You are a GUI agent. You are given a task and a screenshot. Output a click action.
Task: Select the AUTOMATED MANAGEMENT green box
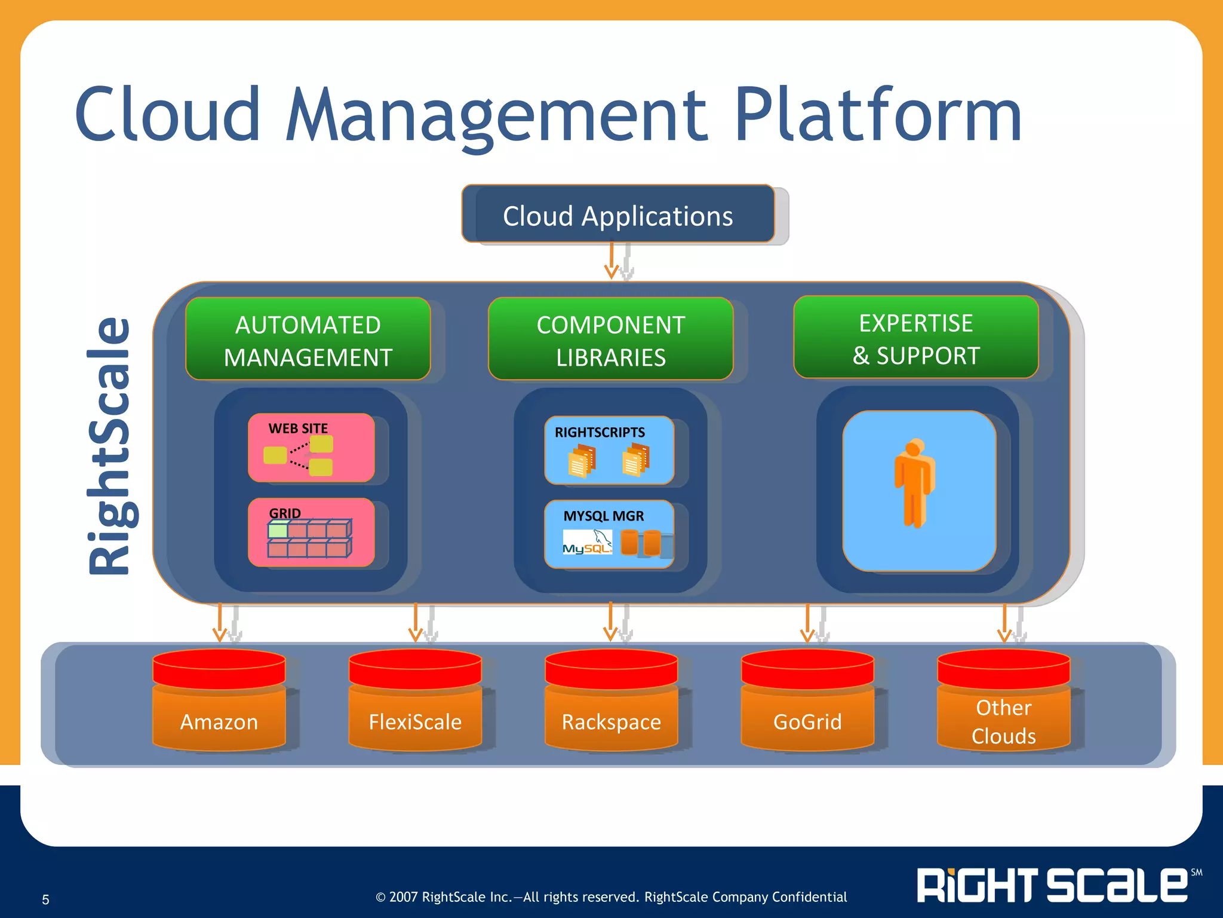point(308,339)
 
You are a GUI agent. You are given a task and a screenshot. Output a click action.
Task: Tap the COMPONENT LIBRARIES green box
point(610,339)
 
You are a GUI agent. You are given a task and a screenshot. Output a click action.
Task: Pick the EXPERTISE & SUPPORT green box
point(915,338)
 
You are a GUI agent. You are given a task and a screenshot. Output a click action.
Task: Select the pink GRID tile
point(311,532)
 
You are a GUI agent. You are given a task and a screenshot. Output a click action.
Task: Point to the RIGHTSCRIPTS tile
point(609,449)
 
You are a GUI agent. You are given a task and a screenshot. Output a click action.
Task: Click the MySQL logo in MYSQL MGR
point(587,543)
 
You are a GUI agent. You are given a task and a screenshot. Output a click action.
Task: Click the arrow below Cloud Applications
point(611,261)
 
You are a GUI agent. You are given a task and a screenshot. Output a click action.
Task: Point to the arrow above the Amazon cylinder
point(220,623)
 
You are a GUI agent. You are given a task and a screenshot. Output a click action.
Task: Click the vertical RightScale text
point(109,445)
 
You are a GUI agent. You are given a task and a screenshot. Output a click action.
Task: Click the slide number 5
point(45,899)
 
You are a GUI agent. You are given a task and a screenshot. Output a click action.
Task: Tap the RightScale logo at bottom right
point(1054,885)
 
